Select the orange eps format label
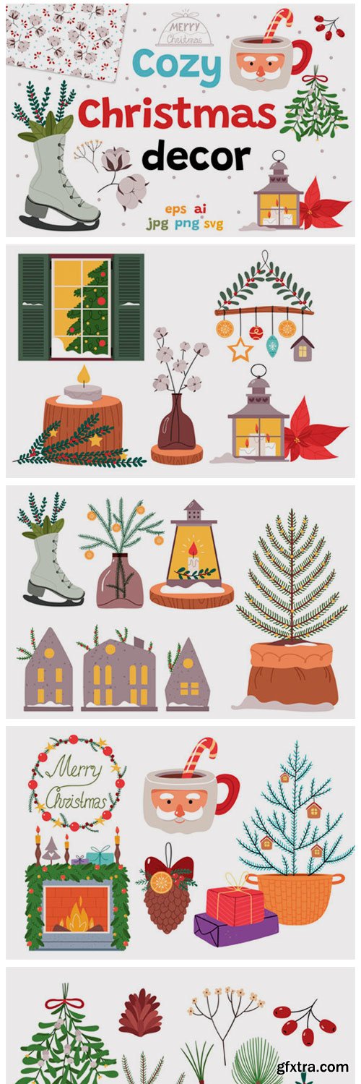(175, 210)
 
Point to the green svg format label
(213, 223)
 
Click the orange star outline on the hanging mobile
(240, 350)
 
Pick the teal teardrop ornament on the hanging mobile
(273, 346)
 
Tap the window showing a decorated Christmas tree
(81, 307)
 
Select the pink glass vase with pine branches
(120, 580)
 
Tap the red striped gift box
(235, 905)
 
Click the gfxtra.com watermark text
(313, 1066)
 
